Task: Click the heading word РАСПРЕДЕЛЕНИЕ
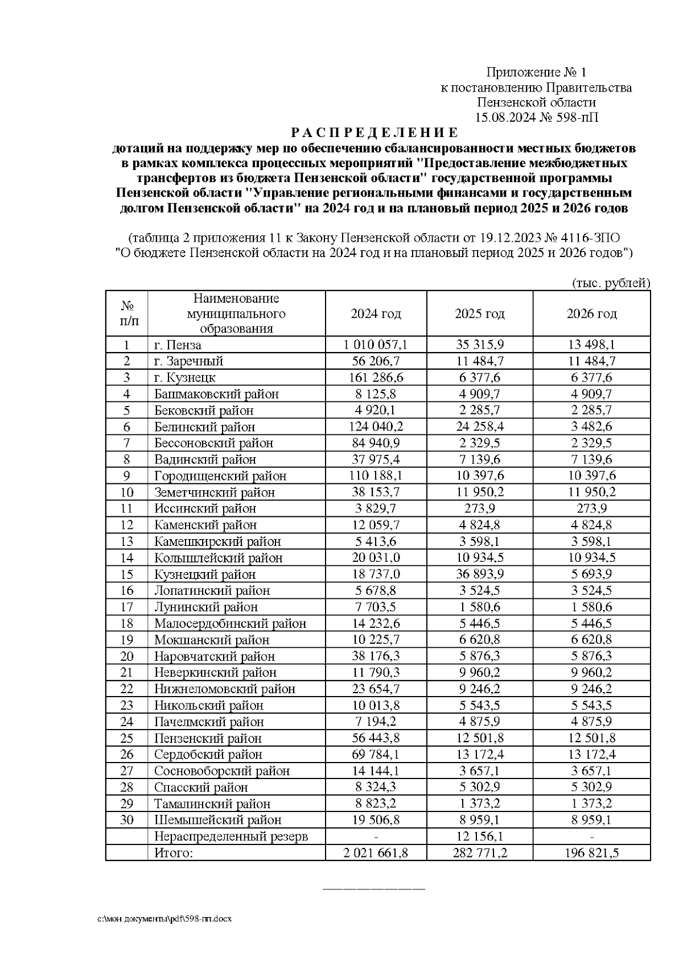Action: coord(374,133)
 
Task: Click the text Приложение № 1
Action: coord(536,72)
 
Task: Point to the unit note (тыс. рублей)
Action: coord(610,283)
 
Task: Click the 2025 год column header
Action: coord(479,314)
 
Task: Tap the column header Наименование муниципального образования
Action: coord(236,313)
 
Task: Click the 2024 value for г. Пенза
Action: coord(376,345)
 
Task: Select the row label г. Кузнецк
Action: coord(185,378)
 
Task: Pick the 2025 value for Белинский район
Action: coord(479,426)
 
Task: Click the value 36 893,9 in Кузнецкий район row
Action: coord(479,574)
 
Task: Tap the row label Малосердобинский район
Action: coord(230,623)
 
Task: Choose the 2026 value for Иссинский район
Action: coord(591,508)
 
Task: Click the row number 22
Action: coord(126,689)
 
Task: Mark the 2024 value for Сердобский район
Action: coord(376,755)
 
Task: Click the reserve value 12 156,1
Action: coord(479,836)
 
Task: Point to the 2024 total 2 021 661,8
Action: coord(376,853)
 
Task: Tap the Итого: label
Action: coord(174,853)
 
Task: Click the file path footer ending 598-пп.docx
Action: coord(164,919)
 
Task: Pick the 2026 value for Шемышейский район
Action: coord(591,820)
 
